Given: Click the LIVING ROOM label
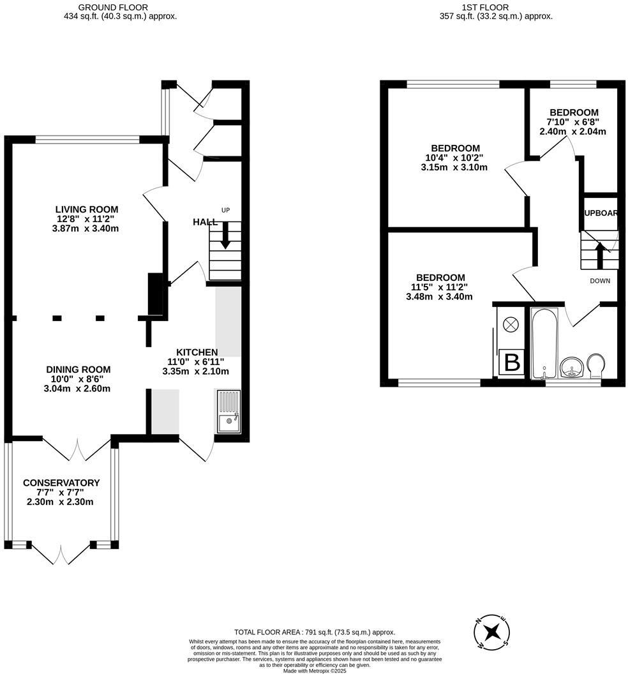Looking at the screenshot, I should (x=87, y=209).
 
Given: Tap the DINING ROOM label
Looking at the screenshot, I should (x=78, y=370).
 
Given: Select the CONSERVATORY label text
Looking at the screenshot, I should (x=61, y=483).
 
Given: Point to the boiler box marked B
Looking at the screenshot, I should (x=512, y=363).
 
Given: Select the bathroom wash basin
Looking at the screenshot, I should (x=571, y=368).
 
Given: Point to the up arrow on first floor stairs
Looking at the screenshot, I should (x=599, y=256).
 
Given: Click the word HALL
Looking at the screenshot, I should (x=205, y=222).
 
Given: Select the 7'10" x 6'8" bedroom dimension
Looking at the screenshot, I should (x=572, y=122).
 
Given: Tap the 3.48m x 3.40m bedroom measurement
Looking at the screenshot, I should (x=439, y=296).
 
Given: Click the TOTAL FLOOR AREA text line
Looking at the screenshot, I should (x=315, y=631).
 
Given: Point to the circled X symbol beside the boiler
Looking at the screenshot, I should (x=511, y=324).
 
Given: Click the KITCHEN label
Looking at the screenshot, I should (x=197, y=352).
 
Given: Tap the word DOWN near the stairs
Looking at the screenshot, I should (x=600, y=281).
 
